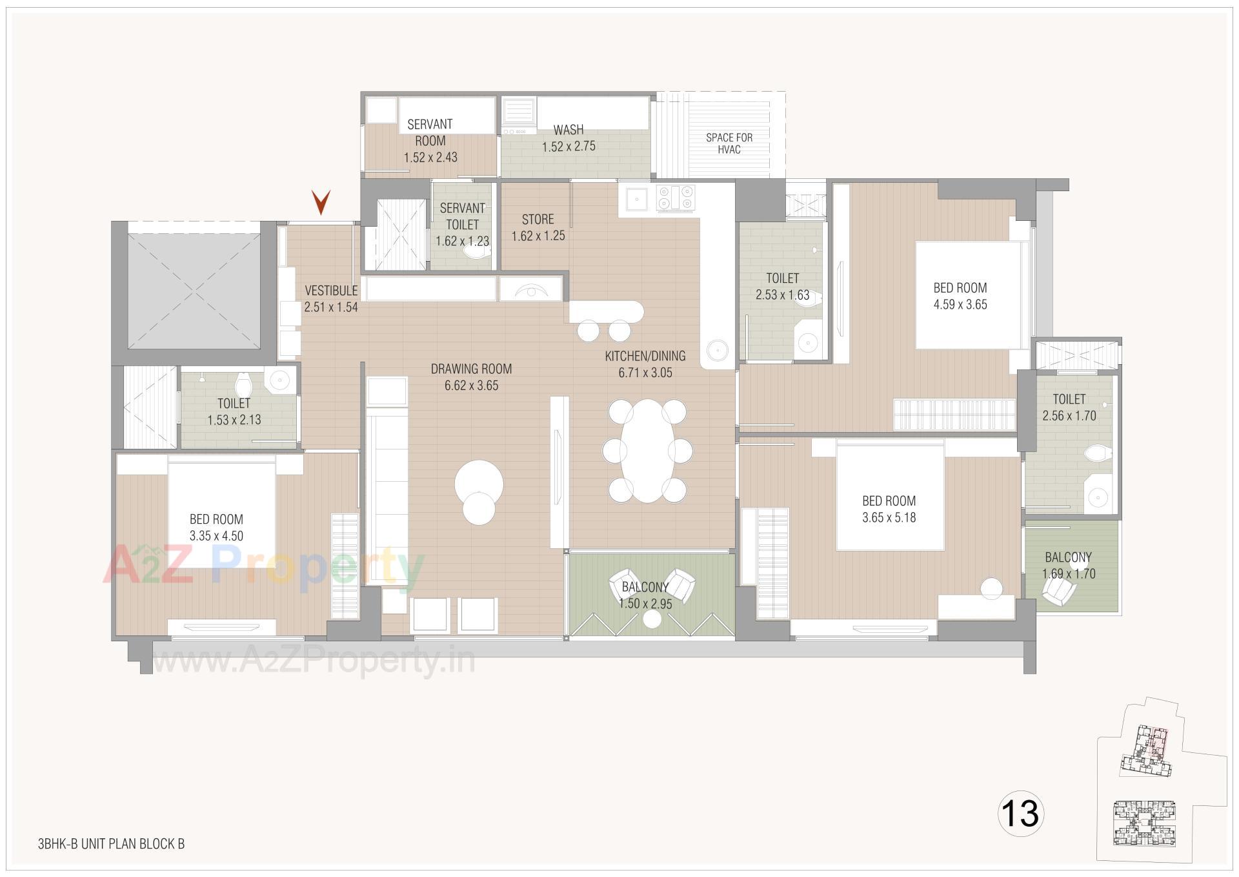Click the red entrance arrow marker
coord(321,202)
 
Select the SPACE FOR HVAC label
coord(729,143)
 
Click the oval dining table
coord(647,450)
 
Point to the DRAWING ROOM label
coord(471,369)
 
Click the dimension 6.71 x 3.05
coord(645,373)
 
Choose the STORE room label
coord(538,219)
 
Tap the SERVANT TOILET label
coord(462,216)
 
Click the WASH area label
coord(569,130)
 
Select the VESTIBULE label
coord(331,291)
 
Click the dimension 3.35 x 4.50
coord(216,536)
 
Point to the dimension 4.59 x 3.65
coord(960,305)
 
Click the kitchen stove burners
coord(676,198)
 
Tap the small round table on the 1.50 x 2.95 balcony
coord(652,619)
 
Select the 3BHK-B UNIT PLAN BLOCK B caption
coord(111,843)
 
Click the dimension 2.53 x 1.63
coord(782,295)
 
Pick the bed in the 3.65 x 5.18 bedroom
coord(891,494)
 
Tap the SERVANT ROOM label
coord(430,132)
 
